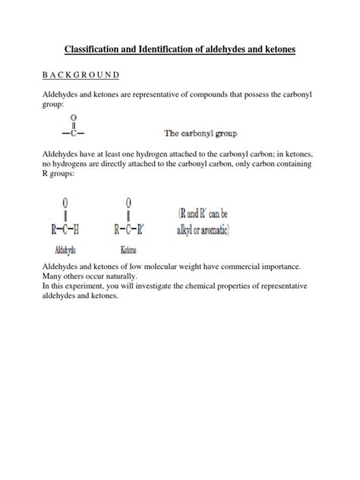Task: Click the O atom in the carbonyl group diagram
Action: pyautogui.click(x=73, y=118)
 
